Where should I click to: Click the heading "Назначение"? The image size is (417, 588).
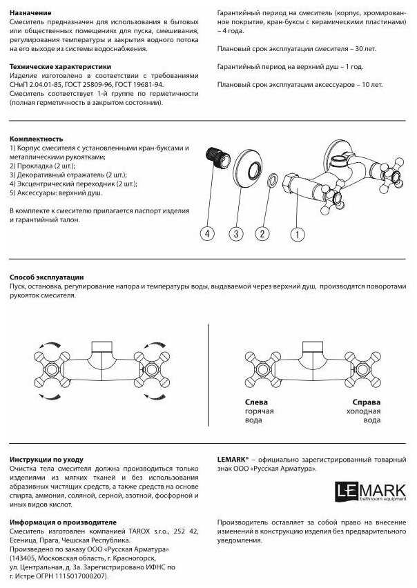[31, 13]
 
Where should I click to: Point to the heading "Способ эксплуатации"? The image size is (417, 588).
[47, 276]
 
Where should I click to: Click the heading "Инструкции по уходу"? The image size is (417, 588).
[47, 458]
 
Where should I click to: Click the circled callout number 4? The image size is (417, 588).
[208, 234]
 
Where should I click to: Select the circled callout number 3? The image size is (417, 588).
[236, 234]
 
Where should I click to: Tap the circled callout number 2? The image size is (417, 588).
[262, 234]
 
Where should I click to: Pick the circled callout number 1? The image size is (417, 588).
[298, 234]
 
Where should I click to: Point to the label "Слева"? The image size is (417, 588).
[257, 402]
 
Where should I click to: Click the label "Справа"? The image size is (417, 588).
[366, 402]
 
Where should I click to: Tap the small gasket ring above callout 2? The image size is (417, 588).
[273, 181]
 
